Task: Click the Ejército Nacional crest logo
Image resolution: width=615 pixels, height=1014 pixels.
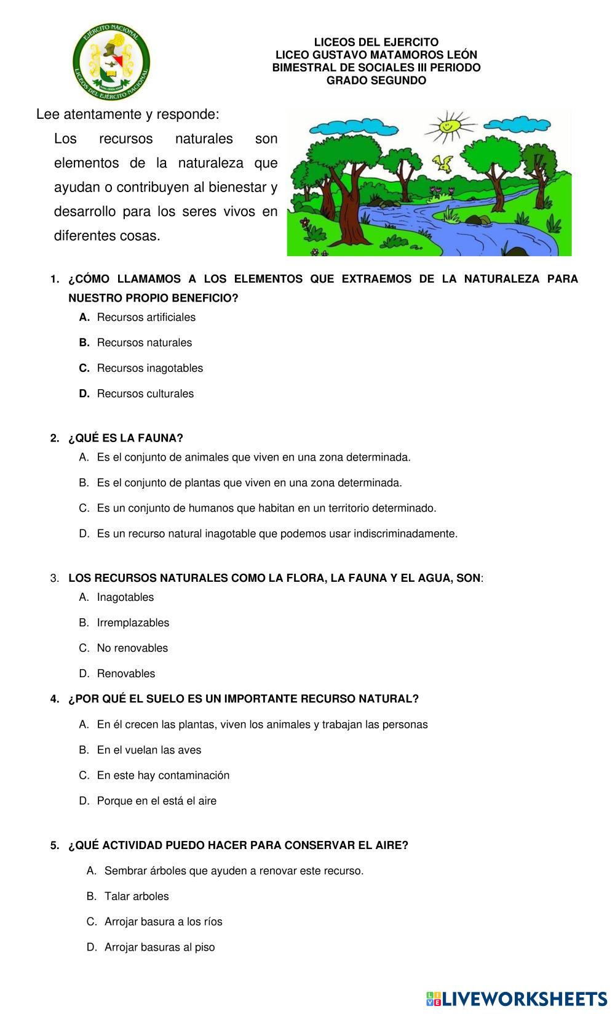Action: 111,62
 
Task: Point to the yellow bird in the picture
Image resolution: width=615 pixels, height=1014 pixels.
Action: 443,163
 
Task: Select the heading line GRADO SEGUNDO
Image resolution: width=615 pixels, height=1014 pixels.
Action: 376,81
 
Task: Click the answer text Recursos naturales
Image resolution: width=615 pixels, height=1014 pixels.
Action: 144,343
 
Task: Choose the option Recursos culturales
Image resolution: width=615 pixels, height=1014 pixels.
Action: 145,394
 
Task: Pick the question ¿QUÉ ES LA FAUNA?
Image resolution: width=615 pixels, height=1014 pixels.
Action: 125,438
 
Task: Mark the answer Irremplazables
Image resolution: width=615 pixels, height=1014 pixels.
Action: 133,623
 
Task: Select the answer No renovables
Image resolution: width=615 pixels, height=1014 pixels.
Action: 132,648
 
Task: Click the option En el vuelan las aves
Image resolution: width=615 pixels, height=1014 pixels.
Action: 149,750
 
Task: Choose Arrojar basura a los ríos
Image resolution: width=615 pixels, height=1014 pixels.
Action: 163,922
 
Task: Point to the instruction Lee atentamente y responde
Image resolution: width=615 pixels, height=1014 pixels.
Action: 128,115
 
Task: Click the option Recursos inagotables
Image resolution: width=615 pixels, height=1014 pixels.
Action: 149,368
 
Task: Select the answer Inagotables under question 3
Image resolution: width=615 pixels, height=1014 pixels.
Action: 125,598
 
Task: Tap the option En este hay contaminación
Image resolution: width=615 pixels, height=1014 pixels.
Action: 163,776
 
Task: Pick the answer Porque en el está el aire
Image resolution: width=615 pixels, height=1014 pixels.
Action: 156,802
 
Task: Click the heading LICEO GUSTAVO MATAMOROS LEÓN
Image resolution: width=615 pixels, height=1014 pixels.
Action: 376,55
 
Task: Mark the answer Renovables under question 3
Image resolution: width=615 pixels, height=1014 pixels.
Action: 126,674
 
